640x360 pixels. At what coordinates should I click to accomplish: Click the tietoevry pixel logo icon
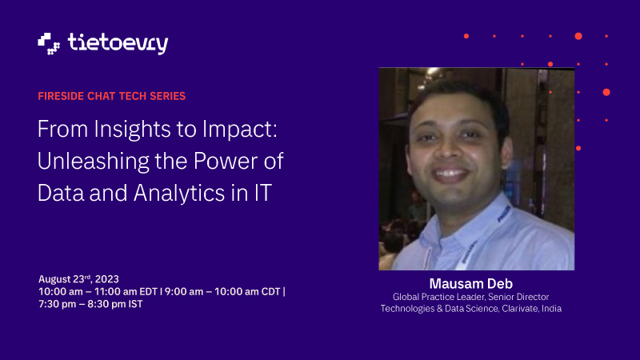pyautogui.click(x=49, y=44)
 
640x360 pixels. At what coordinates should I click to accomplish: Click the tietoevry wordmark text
pyautogui.click(x=118, y=44)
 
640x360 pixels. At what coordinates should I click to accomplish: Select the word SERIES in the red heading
pyautogui.click(x=168, y=96)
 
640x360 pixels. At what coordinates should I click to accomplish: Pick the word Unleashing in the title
pyautogui.click(x=93, y=162)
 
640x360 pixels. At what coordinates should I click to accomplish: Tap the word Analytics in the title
pyautogui.click(x=179, y=193)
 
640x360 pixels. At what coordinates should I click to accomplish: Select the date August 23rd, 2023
pyautogui.click(x=78, y=279)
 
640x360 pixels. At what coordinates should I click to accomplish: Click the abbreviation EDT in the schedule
pyautogui.click(x=149, y=292)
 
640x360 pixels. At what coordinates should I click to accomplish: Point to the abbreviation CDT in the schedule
pyautogui.click(x=271, y=292)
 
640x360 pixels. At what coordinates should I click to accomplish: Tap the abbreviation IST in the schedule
pyautogui.click(x=135, y=305)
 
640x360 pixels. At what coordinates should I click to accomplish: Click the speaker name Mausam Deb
pyautogui.click(x=471, y=284)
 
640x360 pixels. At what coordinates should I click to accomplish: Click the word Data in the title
pyautogui.click(x=61, y=193)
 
